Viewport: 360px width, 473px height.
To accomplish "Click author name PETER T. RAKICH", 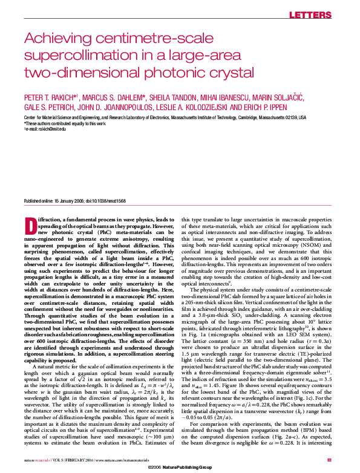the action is tap(49, 98).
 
